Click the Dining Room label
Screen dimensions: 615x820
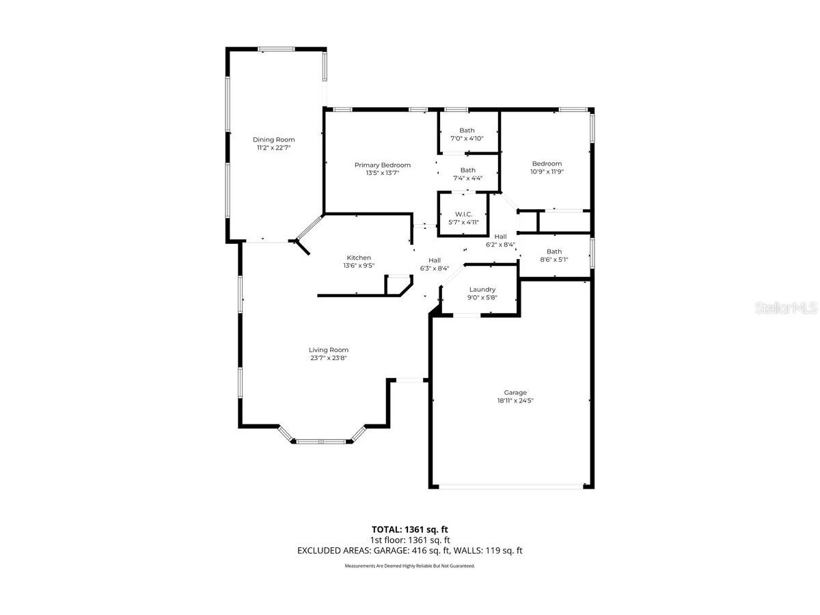coord(273,139)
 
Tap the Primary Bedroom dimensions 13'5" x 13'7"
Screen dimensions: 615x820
coord(382,174)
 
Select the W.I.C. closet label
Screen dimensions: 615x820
coord(463,214)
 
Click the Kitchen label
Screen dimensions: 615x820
coord(358,258)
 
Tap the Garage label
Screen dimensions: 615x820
coord(515,392)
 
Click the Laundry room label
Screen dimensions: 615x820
coord(482,289)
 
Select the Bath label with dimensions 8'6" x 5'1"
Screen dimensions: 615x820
coord(553,251)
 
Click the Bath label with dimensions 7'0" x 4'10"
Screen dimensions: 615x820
coord(467,131)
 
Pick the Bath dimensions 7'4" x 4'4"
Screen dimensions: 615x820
coord(467,178)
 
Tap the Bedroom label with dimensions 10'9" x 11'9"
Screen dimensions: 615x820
coord(547,163)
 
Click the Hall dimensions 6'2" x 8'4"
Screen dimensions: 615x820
coord(500,245)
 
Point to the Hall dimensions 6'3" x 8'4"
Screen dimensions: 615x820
coord(434,269)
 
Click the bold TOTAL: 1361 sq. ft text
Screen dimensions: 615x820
coord(409,529)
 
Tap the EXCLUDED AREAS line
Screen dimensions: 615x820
coord(409,550)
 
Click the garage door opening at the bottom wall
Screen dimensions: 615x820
coord(511,486)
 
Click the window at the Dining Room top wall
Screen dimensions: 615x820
coord(276,49)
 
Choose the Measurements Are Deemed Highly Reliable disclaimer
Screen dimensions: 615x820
coord(409,566)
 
